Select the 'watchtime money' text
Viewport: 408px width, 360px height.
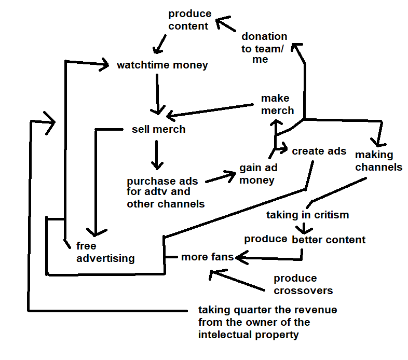[162, 65]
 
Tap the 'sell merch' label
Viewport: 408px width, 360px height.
[158, 129]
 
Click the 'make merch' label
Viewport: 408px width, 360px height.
[277, 104]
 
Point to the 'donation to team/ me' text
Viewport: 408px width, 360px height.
[264, 48]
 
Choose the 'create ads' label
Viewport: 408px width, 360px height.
[319, 151]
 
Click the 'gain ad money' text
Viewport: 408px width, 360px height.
[258, 174]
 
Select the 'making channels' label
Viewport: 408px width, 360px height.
[378, 161]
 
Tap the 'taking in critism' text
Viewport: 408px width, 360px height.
[307, 214]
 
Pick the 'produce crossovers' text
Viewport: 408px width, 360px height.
[303, 284]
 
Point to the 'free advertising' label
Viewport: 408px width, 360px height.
[105, 252]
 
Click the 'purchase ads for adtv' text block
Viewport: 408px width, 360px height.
[166, 192]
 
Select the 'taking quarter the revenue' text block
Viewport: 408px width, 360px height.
[267, 322]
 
